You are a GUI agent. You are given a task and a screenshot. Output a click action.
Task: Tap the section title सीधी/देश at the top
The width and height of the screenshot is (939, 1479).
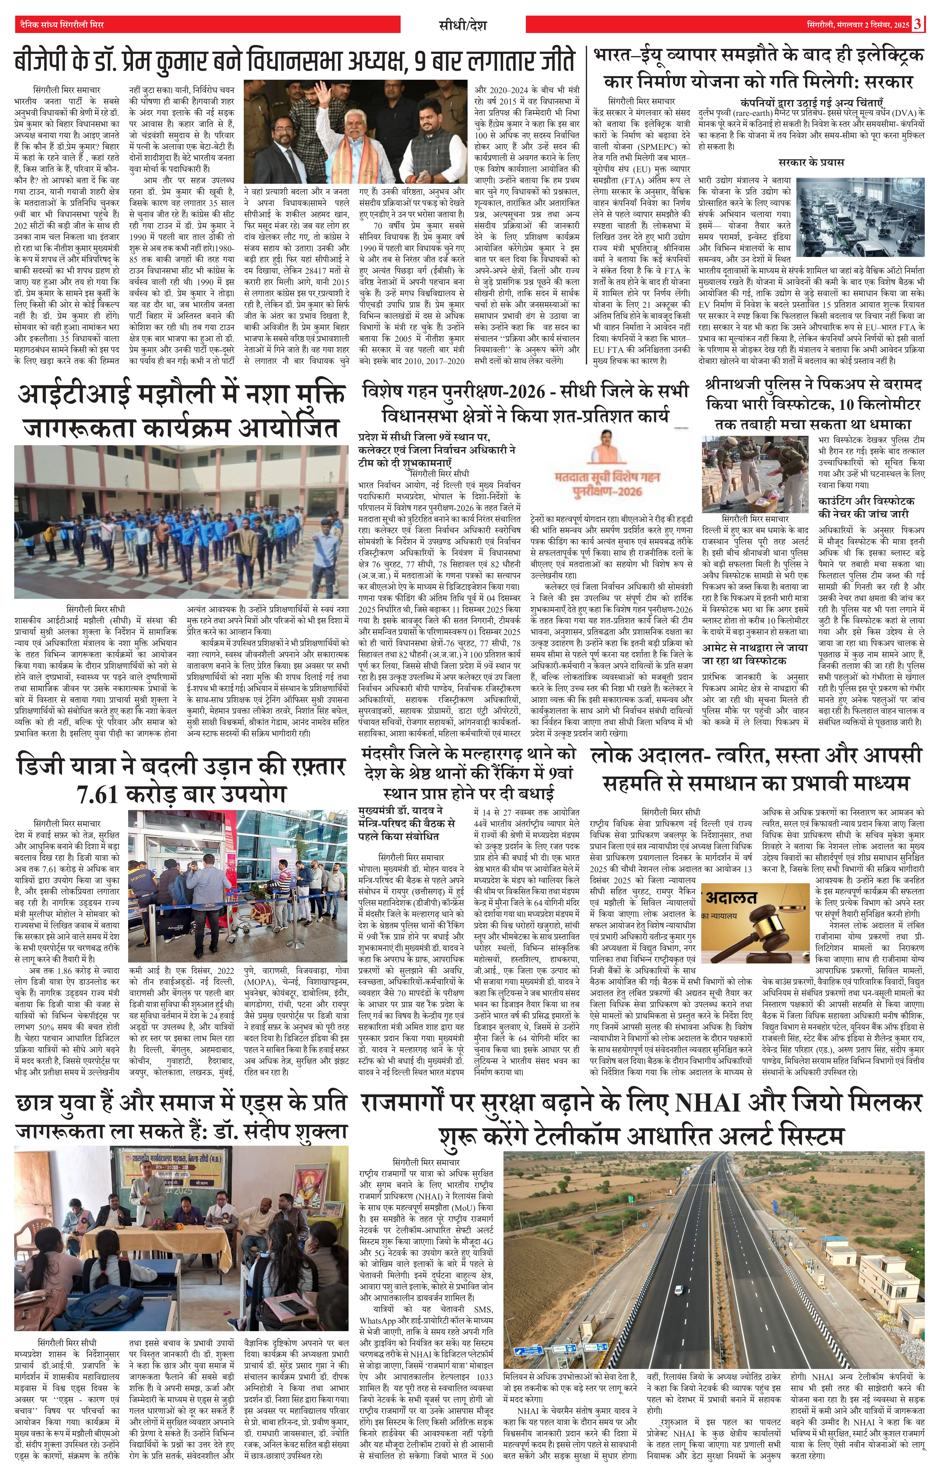pyautogui.click(x=469, y=25)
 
